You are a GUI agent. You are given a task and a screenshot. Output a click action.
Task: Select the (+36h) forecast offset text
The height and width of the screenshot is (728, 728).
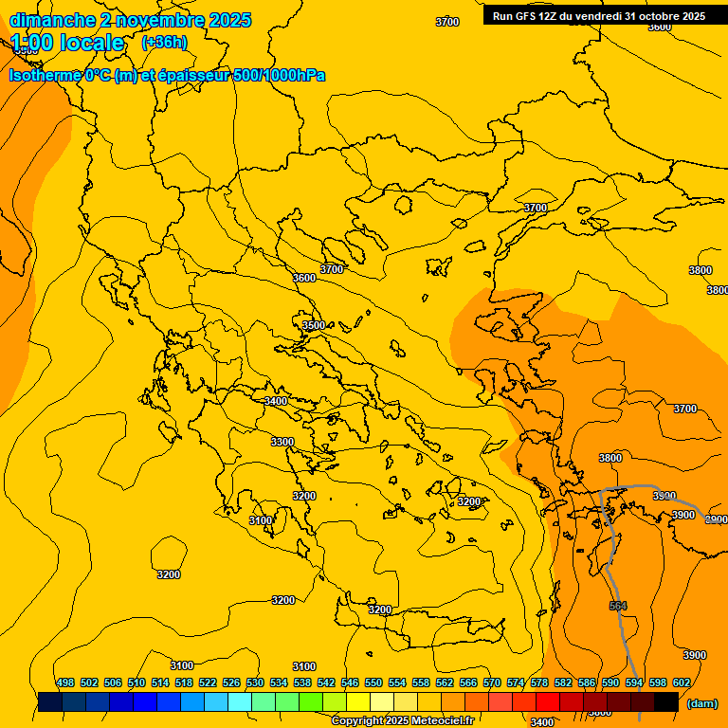[x=164, y=43]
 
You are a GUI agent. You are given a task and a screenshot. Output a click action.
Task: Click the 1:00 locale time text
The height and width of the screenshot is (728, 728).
[x=67, y=43]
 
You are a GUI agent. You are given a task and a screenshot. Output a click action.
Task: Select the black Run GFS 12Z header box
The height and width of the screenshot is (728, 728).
[x=599, y=16]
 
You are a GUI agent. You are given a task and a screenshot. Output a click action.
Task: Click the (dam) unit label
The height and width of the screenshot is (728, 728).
[x=701, y=702]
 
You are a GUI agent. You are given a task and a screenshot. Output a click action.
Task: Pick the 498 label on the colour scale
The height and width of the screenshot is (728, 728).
[x=65, y=682]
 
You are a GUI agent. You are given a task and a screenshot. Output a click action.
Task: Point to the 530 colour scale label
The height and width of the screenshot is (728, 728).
[x=255, y=682]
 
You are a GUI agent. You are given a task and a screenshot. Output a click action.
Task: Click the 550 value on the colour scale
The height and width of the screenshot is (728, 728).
[x=373, y=682]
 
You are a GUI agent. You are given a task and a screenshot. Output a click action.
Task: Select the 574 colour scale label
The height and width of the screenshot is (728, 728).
[x=516, y=682]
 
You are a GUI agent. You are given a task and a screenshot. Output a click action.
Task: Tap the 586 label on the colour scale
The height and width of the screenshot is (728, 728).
[x=587, y=682]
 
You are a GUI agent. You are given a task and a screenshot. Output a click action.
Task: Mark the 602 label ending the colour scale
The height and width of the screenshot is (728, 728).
[x=682, y=682]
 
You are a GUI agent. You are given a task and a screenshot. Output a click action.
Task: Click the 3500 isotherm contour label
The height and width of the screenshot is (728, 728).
[x=314, y=325]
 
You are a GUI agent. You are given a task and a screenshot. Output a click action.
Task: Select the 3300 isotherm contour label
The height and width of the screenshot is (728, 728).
[x=282, y=442]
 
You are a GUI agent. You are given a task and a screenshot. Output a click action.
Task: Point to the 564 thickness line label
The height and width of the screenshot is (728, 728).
[x=618, y=606]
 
